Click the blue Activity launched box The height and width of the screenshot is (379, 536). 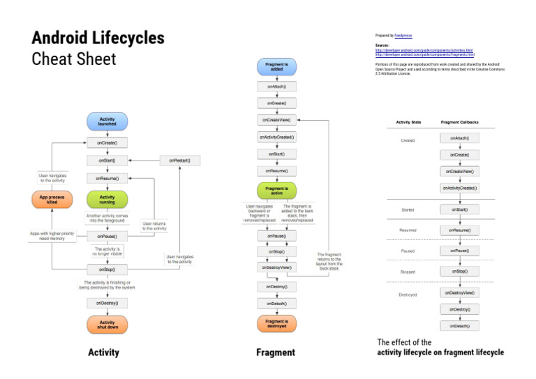coord(107,121)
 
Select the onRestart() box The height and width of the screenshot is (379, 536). coord(179,161)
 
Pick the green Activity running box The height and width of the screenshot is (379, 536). coord(107,200)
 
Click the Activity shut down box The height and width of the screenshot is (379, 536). coord(107,325)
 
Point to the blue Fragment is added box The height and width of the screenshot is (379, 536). coord(277,67)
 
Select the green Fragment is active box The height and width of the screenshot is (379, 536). coord(277,191)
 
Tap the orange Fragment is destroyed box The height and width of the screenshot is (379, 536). coord(277,323)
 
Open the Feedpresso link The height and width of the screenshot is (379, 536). coord(404,34)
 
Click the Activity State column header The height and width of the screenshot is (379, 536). coord(408,122)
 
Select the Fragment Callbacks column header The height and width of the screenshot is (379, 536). coord(459,122)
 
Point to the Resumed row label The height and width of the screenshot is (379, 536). coord(408,230)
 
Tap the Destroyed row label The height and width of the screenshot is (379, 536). coord(408,295)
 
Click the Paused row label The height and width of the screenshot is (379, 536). coord(408,250)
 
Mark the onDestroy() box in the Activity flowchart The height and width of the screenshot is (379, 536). coord(107,303)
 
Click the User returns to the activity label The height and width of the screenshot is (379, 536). coord(155,225)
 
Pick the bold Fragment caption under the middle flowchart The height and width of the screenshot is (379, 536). coord(276,352)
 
